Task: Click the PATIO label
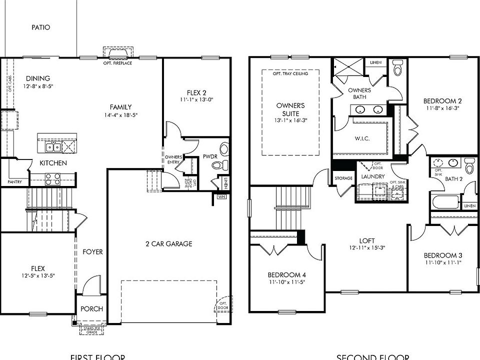click(x=41, y=27)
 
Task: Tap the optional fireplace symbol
click(x=118, y=53)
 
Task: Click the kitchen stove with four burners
click(x=52, y=178)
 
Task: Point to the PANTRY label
click(x=14, y=182)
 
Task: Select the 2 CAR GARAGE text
click(x=168, y=244)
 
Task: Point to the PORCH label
click(x=91, y=309)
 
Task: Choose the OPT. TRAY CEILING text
click(x=290, y=73)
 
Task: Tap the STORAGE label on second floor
click(x=343, y=178)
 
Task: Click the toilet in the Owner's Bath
click(x=398, y=68)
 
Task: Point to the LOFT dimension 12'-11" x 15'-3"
click(x=367, y=247)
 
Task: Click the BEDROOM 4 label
click(x=287, y=275)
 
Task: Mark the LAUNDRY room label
click(x=373, y=176)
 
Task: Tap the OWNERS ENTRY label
click(x=173, y=160)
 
